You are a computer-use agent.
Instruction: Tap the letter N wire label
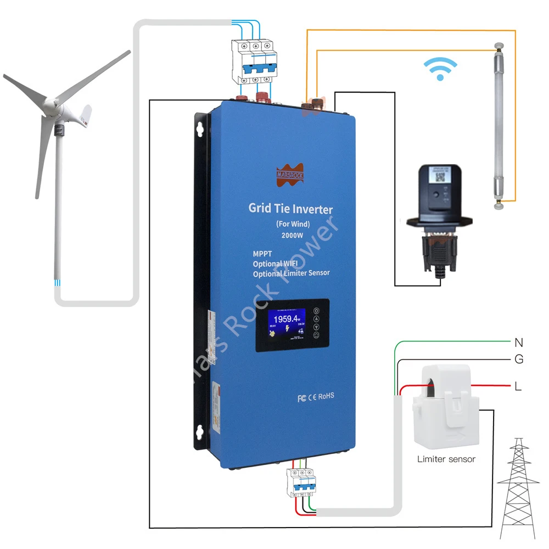pyautogui.click(x=519, y=343)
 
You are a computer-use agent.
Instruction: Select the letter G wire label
pyautogui.click(x=519, y=360)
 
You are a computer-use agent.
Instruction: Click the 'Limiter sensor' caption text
pyautogui.click(x=446, y=459)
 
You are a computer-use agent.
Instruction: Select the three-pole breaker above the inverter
pyautogui.click(x=254, y=61)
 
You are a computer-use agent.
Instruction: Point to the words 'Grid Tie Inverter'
pyautogui.click(x=290, y=209)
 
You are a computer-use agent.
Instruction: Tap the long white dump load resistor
pyautogui.click(x=500, y=126)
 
